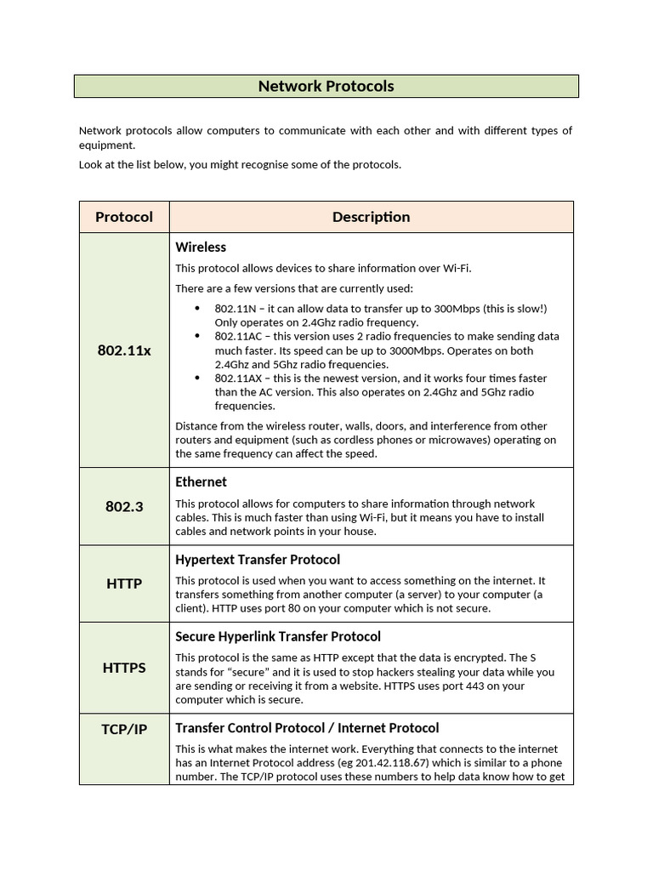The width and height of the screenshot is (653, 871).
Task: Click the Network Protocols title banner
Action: point(326,86)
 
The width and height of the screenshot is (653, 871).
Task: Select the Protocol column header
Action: point(124,217)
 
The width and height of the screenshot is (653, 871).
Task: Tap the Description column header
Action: point(371,217)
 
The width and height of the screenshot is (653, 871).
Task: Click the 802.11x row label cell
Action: point(124,350)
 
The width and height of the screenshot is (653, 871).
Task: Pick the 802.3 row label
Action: point(124,506)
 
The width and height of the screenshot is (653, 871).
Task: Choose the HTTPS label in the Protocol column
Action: point(124,668)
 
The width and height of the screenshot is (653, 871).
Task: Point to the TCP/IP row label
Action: point(124,729)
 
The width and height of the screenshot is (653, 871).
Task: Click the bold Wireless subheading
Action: point(201,248)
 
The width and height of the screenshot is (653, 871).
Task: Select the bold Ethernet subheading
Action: point(201,482)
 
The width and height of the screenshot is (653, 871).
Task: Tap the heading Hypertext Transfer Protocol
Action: point(258,560)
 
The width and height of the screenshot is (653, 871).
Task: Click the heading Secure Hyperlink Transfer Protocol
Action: point(278,636)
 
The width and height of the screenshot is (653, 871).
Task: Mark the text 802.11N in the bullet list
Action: point(235,309)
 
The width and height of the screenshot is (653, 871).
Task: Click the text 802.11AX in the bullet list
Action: point(237,378)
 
